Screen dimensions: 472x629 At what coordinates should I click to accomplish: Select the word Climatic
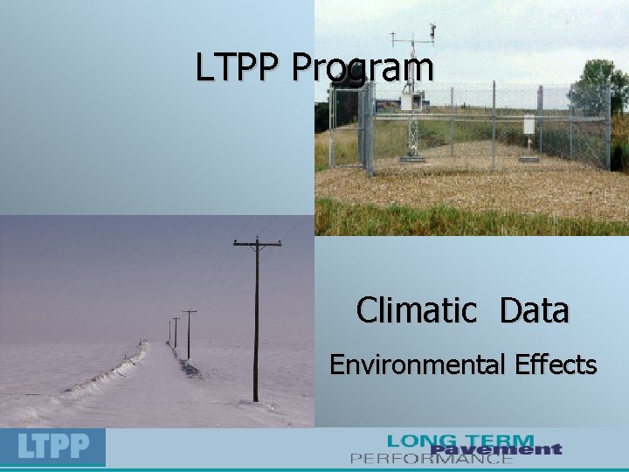(x=417, y=309)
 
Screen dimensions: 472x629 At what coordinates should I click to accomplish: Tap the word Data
(x=535, y=309)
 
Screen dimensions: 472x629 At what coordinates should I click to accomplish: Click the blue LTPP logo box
(x=52, y=447)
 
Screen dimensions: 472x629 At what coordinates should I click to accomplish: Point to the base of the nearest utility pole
(x=255, y=399)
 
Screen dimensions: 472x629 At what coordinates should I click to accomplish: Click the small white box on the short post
(x=529, y=125)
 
